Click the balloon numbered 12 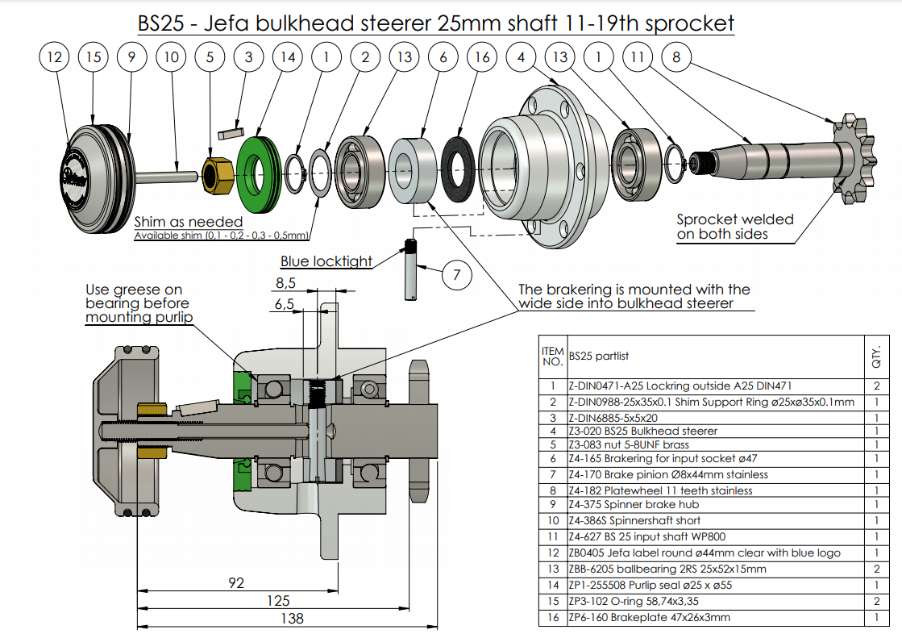[x=55, y=57]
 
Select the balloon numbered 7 [x=456, y=275]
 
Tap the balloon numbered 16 [x=482, y=57]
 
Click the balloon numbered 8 [x=676, y=57]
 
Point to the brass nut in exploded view [x=216, y=174]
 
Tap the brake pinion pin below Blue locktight [x=412, y=269]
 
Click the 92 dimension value [x=236, y=582]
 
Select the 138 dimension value [x=292, y=618]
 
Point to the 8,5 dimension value [x=285, y=283]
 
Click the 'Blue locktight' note [x=326, y=261]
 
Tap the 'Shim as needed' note [x=188, y=222]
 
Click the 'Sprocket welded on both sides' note [x=734, y=227]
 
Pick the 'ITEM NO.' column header [x=552, y=356]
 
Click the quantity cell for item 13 [x=875, y=569]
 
